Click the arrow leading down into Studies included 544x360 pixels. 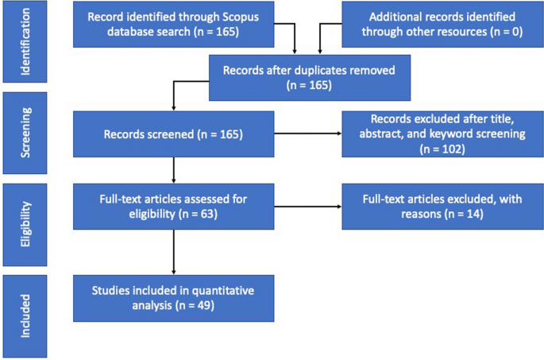173,254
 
